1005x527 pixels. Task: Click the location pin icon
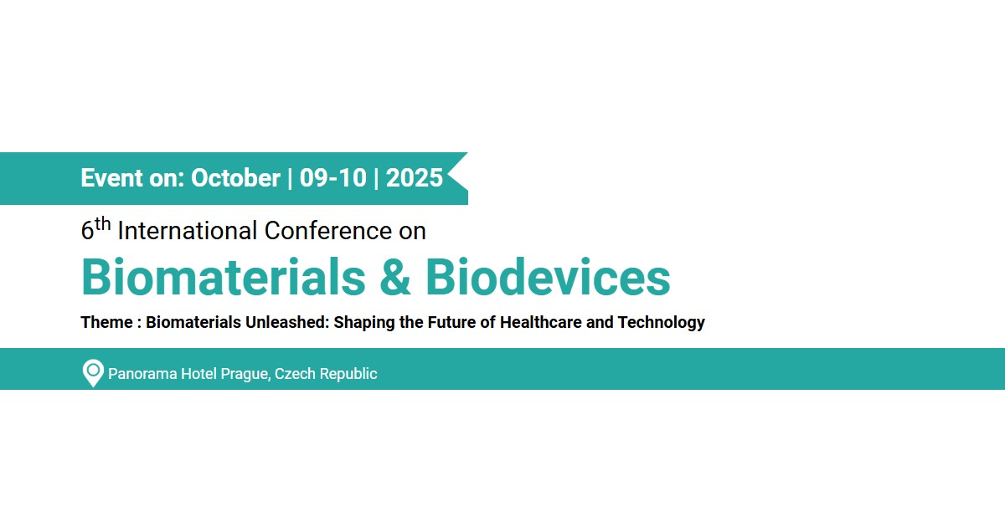[x=93, y=373]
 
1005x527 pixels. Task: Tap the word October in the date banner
[x=235, y=178]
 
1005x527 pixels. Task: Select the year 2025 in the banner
[x=414, y=178]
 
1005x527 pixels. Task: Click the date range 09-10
[x=333, y=178]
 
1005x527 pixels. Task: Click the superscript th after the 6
[x=103, y=224]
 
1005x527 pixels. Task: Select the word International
[x=188, y=231]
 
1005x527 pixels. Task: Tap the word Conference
[x=328, y=231]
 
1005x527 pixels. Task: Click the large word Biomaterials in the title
[x=224, y=277]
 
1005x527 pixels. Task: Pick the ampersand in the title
[x=395, y=277]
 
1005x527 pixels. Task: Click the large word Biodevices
[x=548, y=277]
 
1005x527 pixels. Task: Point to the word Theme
[x=107, y=322]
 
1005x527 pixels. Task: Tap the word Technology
[x=662, y=323]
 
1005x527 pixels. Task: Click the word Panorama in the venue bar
[x=142, y=374]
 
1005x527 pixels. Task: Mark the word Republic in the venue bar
[x=348, y=374]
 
